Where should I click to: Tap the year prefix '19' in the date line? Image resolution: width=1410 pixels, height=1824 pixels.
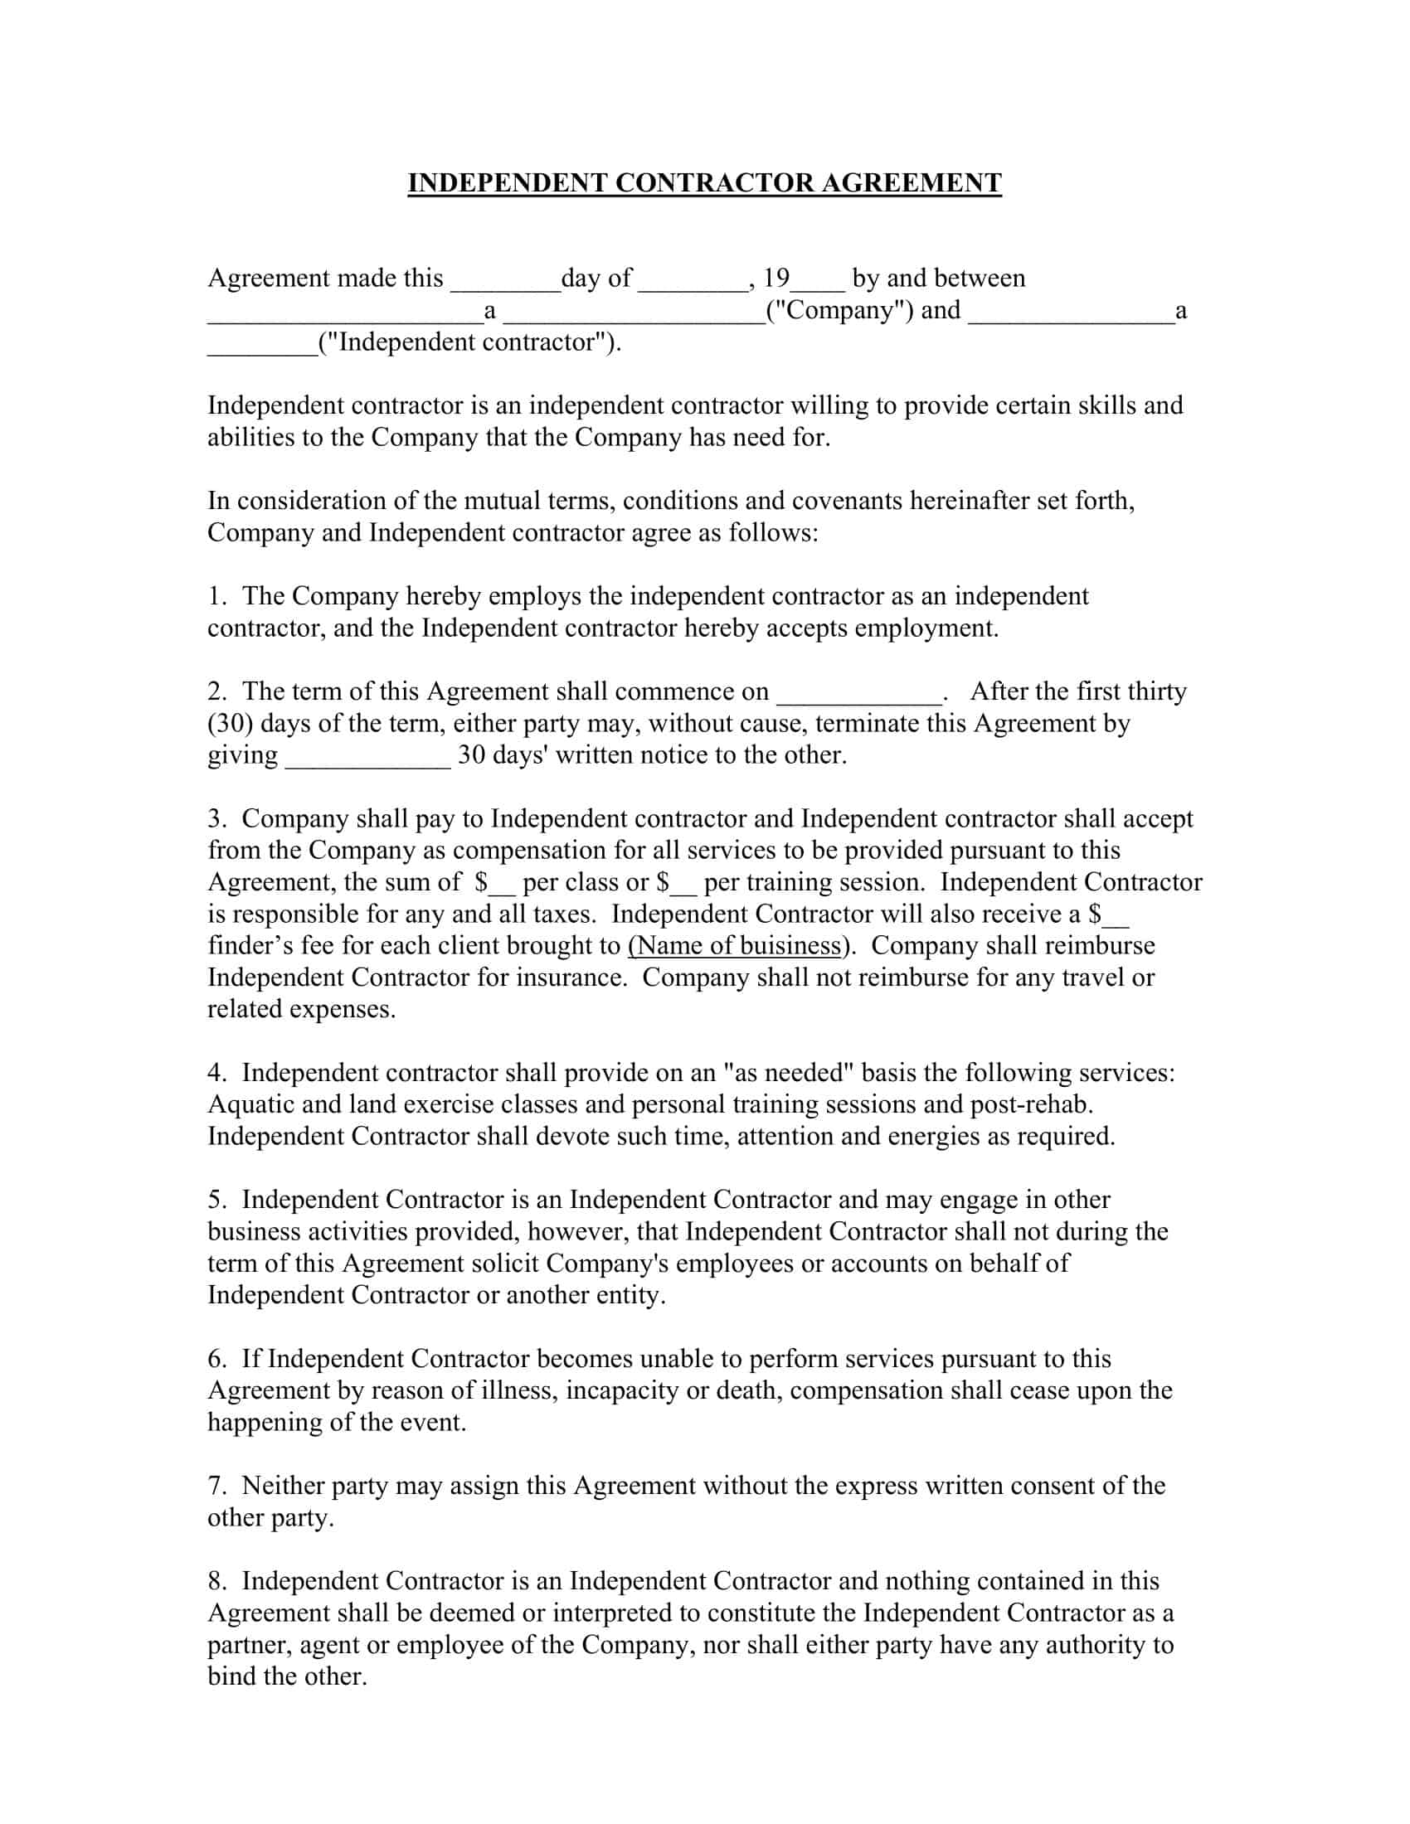776,277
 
